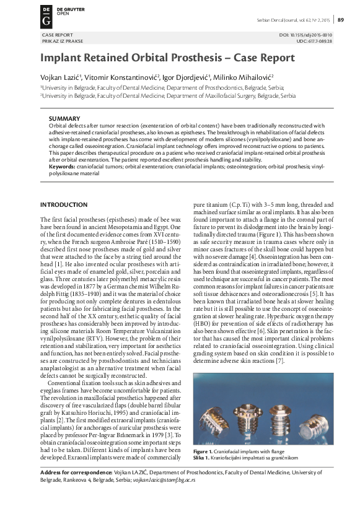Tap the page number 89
(x=341, y=20)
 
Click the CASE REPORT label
(x=56, y=35)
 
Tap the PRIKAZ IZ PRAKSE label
(x=60, y=41)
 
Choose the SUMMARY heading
(x=64, y=118)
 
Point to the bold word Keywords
(x=61, y=166)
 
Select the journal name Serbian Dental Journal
(x=278, y=20)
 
